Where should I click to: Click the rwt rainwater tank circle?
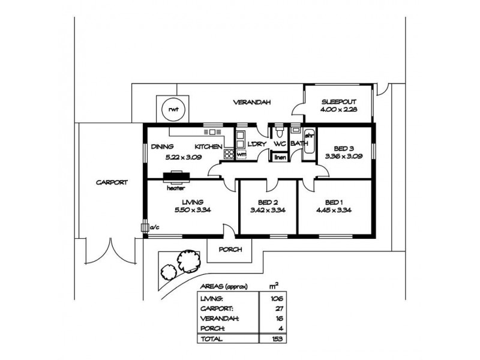174,110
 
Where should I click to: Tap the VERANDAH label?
250,103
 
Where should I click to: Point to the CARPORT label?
112,183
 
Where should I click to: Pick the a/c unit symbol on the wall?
145,227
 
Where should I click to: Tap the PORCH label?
229,250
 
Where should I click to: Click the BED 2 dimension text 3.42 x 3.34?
267,210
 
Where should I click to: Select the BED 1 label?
334,202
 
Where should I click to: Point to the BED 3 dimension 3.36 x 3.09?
340,156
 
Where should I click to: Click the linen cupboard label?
280,157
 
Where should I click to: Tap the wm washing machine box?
241,154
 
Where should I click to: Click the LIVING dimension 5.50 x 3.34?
192,210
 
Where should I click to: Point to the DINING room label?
163,146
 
